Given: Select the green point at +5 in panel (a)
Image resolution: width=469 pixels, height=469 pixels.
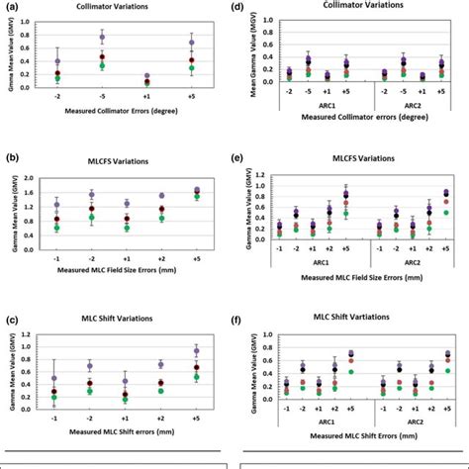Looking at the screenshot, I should pos(191,68).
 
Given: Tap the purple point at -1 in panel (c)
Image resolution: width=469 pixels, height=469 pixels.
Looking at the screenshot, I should pos(54,378).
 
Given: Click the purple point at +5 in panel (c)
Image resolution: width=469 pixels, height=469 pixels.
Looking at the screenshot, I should pos(194,350).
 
